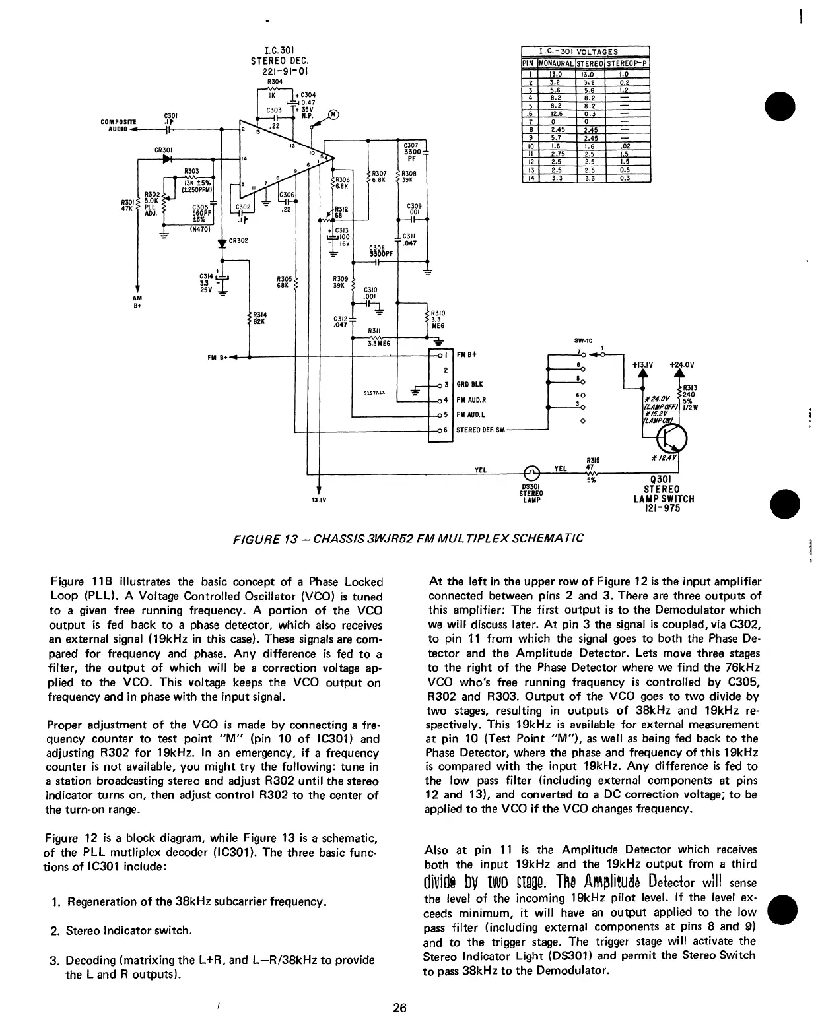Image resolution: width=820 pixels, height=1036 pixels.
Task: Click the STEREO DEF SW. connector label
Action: click(x=481, y=430)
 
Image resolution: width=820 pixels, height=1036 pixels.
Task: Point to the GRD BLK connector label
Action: click(x=469, y=384)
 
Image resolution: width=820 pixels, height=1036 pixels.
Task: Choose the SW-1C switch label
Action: click(x=590, y=341)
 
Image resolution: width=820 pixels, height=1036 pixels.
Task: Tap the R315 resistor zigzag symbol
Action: click(x=592, y=473)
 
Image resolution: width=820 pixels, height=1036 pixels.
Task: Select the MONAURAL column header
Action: click(x=555, y=63)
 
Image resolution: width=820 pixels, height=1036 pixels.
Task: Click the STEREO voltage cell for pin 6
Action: click(x=591, y=113)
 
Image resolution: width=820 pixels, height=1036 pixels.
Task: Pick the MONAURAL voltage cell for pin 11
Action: click(x=555, y=153)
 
